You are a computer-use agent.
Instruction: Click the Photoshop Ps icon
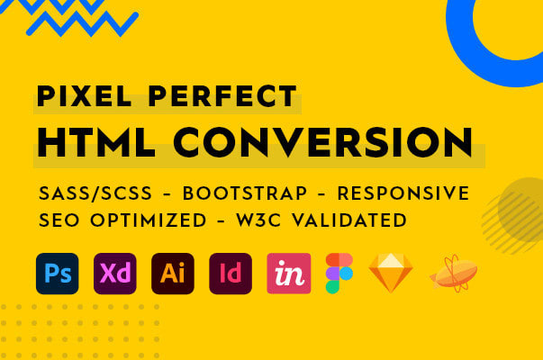coord(58,274)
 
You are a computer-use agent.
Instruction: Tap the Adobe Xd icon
coord(115,274)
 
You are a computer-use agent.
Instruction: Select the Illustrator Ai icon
coord(173,274)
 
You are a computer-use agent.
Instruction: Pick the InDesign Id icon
coord(231,274)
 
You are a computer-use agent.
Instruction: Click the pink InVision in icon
coord(288,274)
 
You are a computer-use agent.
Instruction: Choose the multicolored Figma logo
coord(339,274)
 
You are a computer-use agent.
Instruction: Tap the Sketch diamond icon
coord(391,274)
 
